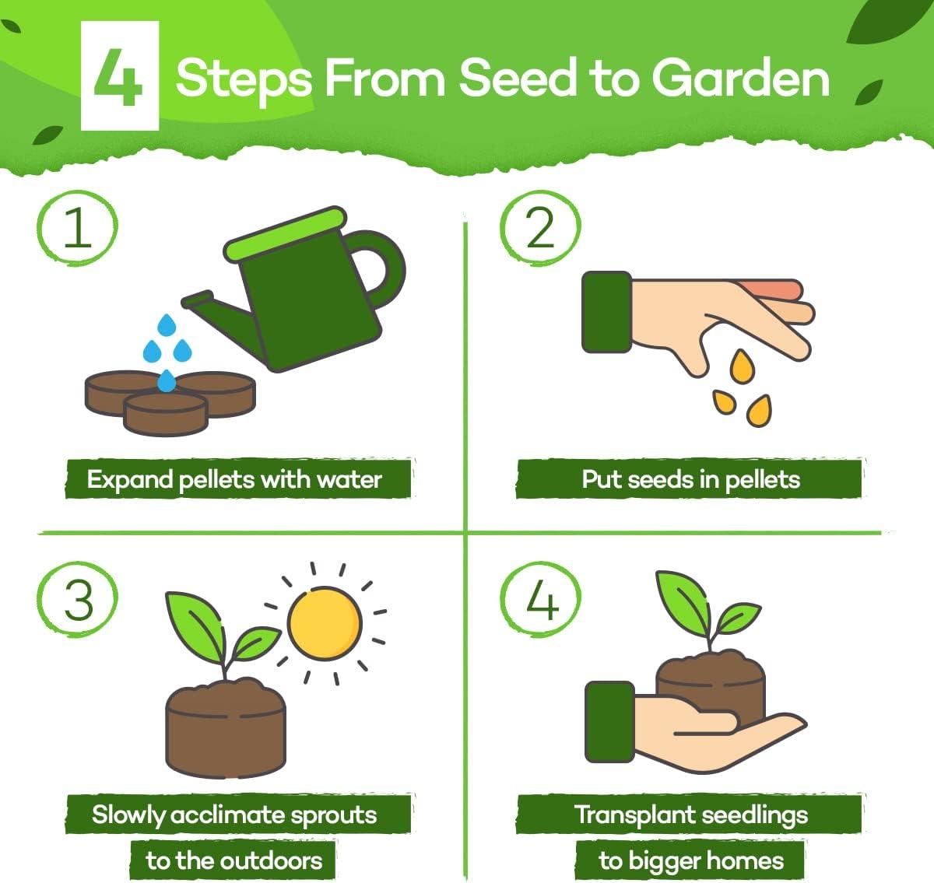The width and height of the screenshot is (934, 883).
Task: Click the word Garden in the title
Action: coord(740,78)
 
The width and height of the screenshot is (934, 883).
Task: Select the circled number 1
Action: coord(77,227)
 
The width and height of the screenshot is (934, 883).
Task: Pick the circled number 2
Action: coord(540,227)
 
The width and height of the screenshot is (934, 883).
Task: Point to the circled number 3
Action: coord(77,600)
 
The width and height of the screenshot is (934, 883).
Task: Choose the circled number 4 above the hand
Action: coord(540,600)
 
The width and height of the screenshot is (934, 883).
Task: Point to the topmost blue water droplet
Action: coord(167,325)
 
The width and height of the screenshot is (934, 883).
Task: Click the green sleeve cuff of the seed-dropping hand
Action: coord(606,312)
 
